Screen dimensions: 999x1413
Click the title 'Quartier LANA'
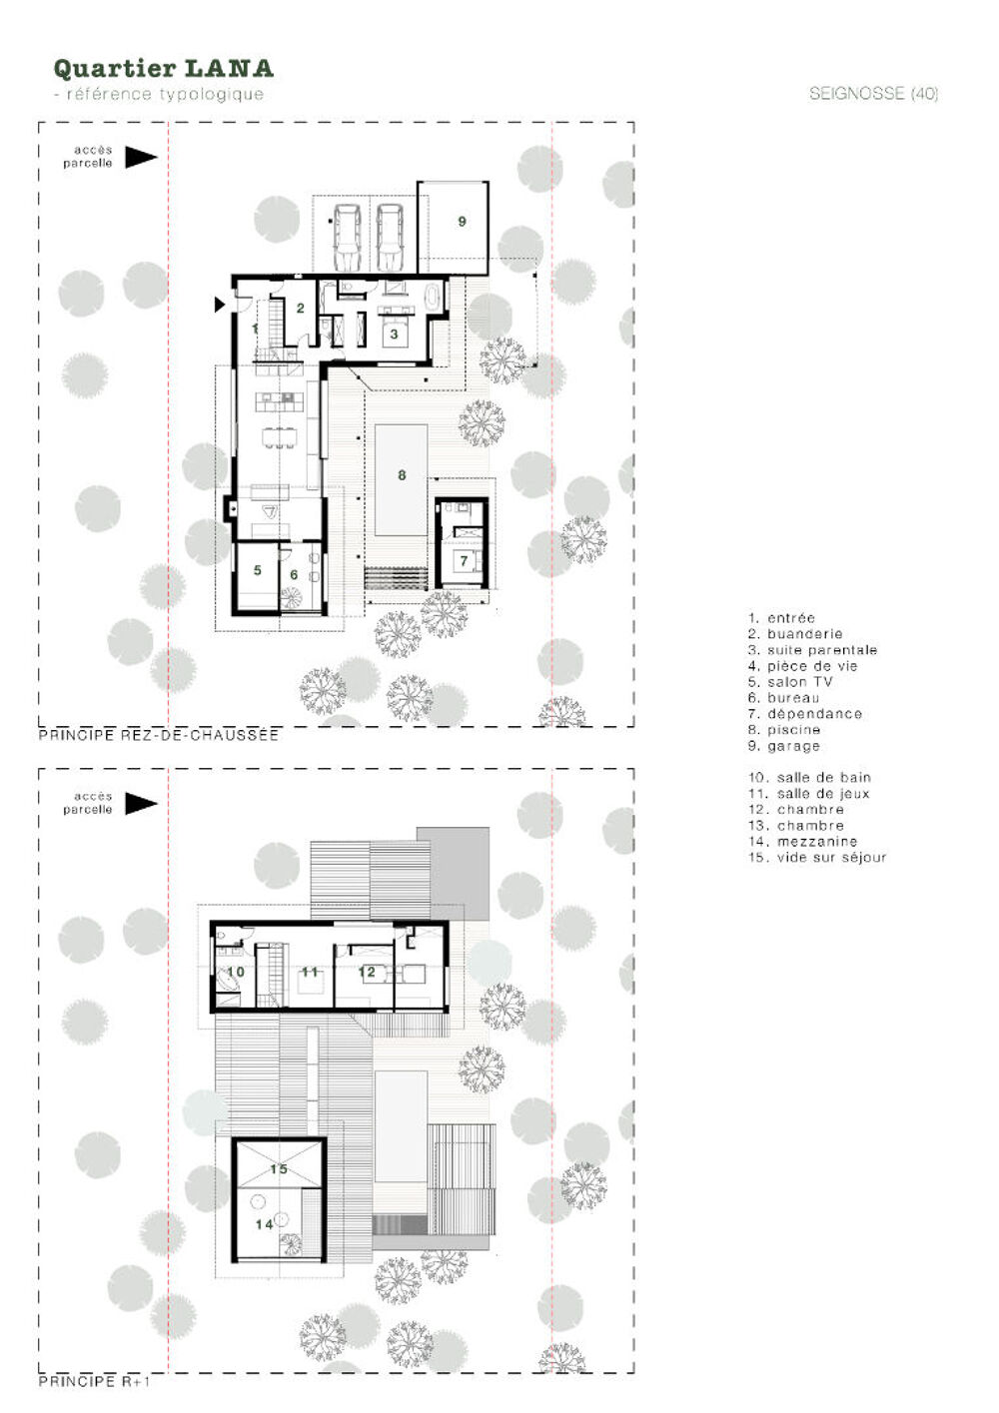[164, 69]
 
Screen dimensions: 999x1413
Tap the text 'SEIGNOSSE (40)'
[873, 94]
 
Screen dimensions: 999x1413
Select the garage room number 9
[462, 222]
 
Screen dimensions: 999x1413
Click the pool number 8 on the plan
[402, 475]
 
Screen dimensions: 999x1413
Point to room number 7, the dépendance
[464, 561]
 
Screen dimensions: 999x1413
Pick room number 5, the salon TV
[258, 570]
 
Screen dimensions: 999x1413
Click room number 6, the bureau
[294, 574]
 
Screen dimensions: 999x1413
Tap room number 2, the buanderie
[301, 308]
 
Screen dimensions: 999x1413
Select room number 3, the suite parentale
[394, 334]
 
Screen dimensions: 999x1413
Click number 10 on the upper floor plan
[236, 972]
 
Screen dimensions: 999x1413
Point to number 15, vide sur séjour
[279, 1169]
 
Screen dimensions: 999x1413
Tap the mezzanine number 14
[264, 1224]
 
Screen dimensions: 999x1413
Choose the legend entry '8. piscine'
[784, 730]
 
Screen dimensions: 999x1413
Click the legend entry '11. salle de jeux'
[809, 794]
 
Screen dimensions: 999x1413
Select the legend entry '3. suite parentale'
[813, 650]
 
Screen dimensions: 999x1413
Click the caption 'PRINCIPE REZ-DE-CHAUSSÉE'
[159, 736]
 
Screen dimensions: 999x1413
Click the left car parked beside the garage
[346, 238]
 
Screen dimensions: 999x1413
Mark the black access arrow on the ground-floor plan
[141, 157]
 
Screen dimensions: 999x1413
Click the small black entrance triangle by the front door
[220, 305]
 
